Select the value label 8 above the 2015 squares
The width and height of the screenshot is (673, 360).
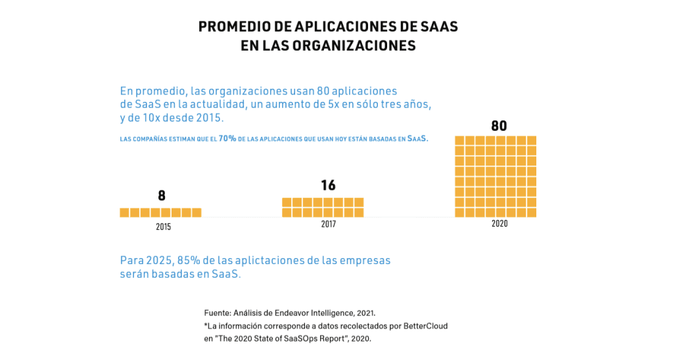point(162,196)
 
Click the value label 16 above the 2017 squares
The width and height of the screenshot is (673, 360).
point(329,186)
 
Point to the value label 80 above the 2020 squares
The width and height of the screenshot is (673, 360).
point(499,125)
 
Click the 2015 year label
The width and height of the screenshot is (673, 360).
point(164,227)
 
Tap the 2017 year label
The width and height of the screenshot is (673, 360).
point(328,225)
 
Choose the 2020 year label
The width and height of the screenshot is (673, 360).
point(499,224)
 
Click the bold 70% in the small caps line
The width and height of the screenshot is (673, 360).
point(227,139)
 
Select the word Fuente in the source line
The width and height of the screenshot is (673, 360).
point(217,313)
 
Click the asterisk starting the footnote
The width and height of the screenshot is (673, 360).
point(206,325)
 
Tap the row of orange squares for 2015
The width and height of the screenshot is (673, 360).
point(160,212)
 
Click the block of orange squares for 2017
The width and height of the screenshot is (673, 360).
point(323,207)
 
